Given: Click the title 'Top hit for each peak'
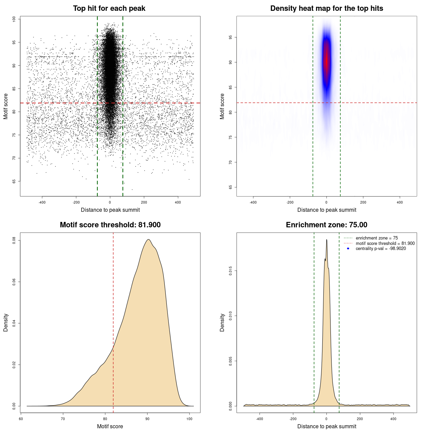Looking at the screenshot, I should click(x=109, y=8).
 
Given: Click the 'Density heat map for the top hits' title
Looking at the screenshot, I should click(x=326, y=8).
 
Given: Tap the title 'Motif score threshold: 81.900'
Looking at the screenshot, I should click(x=110, y=225).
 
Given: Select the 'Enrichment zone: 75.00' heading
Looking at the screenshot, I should click(x=326, y=225).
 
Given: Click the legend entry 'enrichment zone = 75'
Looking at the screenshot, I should click(x=377, y=238).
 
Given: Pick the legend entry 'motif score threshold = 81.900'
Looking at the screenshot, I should click(x=385, y=244).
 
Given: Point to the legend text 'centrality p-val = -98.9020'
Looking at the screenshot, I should click(x=381, y=249).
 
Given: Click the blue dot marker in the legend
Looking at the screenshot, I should click(x=348, y=249).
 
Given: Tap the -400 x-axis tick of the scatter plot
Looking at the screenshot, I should click(x=42, y=202).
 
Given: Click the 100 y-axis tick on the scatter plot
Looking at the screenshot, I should click(x=14, y=19).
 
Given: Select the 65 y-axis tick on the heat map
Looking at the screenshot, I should click(x=231, y=187).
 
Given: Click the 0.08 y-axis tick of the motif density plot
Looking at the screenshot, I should click(x=14, y=241).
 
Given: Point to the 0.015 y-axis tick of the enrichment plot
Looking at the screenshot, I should click(x=231, y=271).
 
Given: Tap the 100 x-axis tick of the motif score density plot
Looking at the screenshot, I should click(x=189, y=419).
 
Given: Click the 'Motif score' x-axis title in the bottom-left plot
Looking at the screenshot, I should click(x=110, y=426).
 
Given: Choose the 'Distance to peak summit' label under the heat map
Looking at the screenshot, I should click(x=326, y=210).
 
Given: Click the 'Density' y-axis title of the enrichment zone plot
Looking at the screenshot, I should click(x=222, y=322).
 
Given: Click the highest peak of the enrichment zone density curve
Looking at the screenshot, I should click(x=326, y=240).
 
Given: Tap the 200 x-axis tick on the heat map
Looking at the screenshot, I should click(x=363, y=202).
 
